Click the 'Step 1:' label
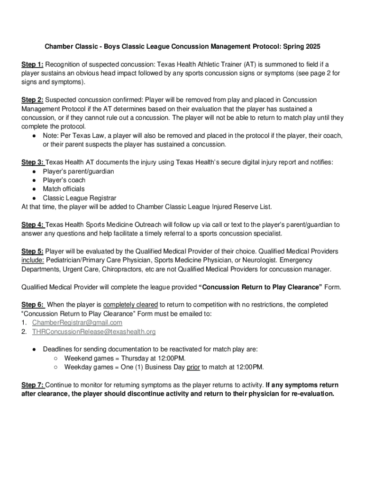pos(33,64)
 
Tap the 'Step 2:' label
pos(33,100)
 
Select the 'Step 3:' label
pos(33,162)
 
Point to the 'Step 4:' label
pos(33,225)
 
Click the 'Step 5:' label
pos(33,251)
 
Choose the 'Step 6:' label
pos(33,305)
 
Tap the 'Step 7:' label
pos(33,385)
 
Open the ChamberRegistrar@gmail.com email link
pos(77,323)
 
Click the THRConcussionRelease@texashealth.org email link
pos(93,332)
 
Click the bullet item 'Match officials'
pos(64,189)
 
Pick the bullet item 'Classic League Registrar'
pos(79,198)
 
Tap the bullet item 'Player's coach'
pos(64,180)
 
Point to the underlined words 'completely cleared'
pos(130,305)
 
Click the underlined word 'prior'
pos(193,367)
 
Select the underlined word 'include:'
pos(32,260)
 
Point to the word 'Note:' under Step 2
pos(52,135)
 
